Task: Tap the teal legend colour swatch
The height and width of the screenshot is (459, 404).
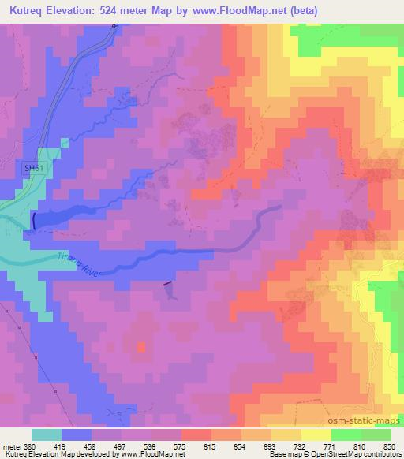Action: pyautogui.click(x=47, y=434)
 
